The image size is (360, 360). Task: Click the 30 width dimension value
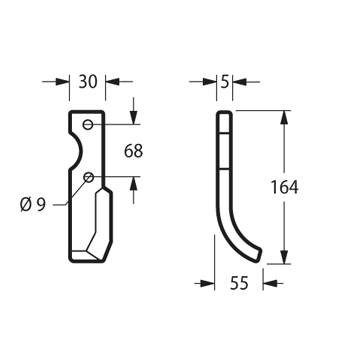(88, 82)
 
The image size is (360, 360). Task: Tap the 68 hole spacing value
(133, 151)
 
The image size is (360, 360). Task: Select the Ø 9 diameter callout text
(33, 204)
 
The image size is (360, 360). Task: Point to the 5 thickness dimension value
(225, 82)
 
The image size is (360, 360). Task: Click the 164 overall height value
(284, 187)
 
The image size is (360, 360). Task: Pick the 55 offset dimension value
(239, 283)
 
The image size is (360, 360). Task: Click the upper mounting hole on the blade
(88, 125)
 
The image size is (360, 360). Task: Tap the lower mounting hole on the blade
(88, 177)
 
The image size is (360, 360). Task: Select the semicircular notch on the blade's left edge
(80, 152)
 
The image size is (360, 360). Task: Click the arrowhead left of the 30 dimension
(62, 82)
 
